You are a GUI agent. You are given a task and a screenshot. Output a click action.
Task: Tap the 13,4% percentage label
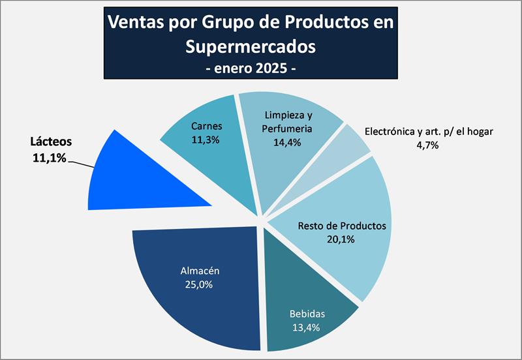point(307,328)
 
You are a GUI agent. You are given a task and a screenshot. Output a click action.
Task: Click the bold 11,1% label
point(49,157)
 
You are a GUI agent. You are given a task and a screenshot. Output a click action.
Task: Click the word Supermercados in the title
point(250,47)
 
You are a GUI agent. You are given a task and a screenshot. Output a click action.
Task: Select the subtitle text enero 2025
point(251,68)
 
